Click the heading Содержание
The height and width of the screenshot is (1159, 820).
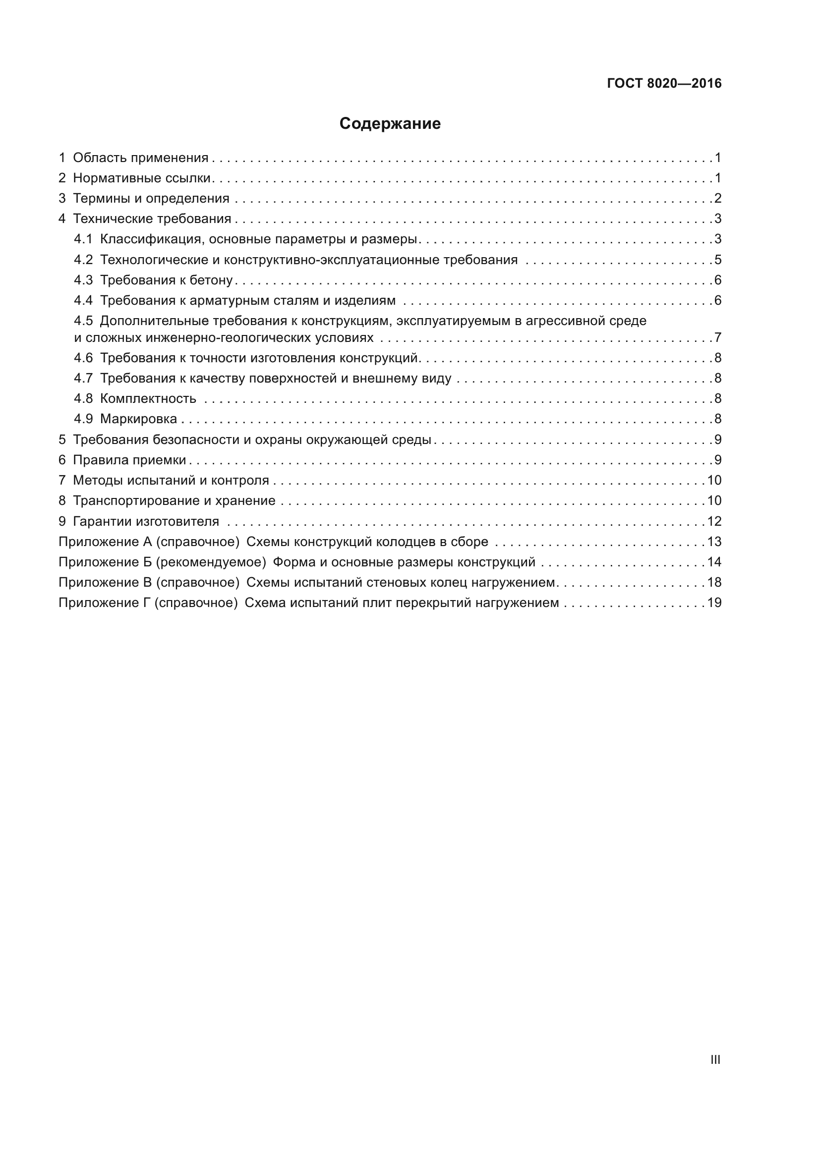[x=390, y=124]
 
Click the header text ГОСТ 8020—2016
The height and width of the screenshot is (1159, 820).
[x=664, y=83]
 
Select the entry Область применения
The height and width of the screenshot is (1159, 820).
[x=140, y=158]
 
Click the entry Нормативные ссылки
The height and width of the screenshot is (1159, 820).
[x=141, y=178]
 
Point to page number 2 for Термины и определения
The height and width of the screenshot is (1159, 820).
[x=717, y=198]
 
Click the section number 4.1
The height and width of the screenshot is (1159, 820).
[x=83, y=239]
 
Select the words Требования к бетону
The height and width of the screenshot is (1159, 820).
[x=166, y=280]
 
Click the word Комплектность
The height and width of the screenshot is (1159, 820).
[x=148, y=399]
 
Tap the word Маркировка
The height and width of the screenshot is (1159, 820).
[x=138, y=419]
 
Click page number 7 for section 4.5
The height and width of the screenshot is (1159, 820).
[x=717, y=337]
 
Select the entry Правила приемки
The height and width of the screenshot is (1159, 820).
[x=129, y=460]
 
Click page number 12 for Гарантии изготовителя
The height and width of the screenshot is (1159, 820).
[x=714, y=521]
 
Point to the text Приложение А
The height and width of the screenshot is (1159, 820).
[x=105, y=542]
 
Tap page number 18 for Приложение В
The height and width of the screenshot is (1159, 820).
[x=714, y=582]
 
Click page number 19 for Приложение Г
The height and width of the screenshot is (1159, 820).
[x=714, y=603]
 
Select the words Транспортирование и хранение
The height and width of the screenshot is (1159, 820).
[x=174, y=501]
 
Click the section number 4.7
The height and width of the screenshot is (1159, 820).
[x=83, y=378]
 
